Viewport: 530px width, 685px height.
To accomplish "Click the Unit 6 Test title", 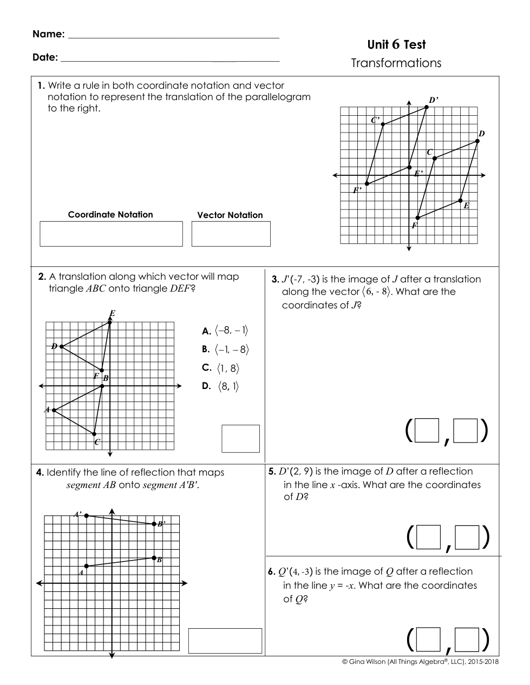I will coord(396,45).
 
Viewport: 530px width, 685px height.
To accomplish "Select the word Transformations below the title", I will coord(396,63).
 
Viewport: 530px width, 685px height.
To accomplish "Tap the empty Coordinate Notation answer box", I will coord(111,234).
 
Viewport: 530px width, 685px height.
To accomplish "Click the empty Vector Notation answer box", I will coord(231,234).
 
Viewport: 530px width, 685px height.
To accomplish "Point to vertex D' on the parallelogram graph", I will coord(427,107).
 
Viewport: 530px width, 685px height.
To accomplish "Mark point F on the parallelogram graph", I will coord(417,218).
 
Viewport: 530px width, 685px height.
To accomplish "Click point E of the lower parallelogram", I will coord(461,201).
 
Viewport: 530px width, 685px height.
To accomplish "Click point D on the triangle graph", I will coord(61,346).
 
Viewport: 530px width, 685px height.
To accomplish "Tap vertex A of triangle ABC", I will coord(54,410).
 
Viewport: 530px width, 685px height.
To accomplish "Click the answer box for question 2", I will coord(240,438).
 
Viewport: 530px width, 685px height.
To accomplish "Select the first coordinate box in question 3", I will coord(426,432).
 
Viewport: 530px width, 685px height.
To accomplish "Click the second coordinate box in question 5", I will coord(467,538).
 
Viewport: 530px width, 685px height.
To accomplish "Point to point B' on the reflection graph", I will coord(154,523).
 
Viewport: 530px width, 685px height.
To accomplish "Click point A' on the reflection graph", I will coord(87,516).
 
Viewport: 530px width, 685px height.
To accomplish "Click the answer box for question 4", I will coord(225,641).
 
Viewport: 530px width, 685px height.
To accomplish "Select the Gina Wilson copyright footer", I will coord(420,661).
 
